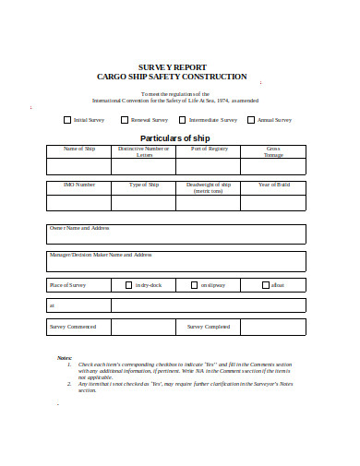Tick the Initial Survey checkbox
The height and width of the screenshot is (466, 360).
click(67, 120)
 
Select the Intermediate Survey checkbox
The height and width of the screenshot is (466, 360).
click(183, 120)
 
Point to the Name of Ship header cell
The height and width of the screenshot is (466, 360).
click(78, 149)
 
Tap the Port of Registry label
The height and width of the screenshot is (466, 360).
click(209, 149)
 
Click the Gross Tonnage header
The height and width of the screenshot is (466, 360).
click(273, 151)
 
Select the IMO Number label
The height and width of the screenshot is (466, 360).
click(78, 185)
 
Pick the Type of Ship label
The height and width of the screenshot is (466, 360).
click(144, 185)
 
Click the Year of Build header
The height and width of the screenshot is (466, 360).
click(273, 185)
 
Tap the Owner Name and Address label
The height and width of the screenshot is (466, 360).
click(79, 227)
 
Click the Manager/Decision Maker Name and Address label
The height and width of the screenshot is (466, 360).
click(100, 255)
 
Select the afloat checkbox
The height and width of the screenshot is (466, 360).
click(266, 285)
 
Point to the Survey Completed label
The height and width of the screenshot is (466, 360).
click(209, 327)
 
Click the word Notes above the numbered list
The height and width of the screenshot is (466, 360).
click(65, 358)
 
